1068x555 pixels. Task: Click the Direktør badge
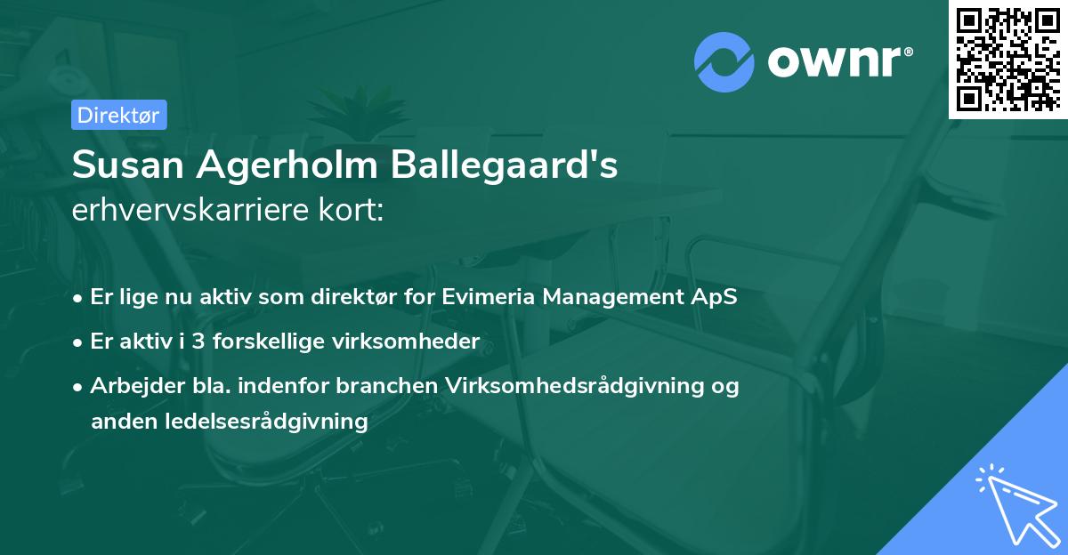point(117,115)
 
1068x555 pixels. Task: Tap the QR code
point(1007,59)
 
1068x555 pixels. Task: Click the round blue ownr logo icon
point(724,62)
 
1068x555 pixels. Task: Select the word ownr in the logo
point(838,63)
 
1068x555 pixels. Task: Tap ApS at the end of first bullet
point(717,296)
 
